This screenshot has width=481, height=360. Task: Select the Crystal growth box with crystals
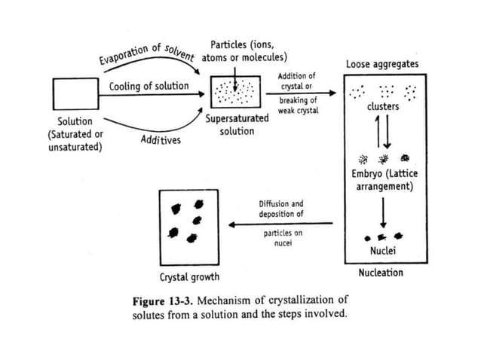tap(188, 223)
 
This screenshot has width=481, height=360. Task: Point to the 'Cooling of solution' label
tap(149, 86)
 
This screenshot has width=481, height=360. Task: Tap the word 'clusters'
tap(383, 107)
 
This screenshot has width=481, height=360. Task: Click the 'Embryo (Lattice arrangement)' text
tap(384, 180)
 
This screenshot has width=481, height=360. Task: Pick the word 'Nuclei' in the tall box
tap(384, 250)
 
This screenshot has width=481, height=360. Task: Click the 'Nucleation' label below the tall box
tap(381, 272)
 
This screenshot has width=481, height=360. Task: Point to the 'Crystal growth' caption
tap(189, 276)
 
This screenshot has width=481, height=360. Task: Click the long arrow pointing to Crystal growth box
tap(282, 224)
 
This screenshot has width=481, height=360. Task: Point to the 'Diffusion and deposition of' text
tap(283, 209)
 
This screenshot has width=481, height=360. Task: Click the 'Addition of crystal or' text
tap(297, 81)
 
